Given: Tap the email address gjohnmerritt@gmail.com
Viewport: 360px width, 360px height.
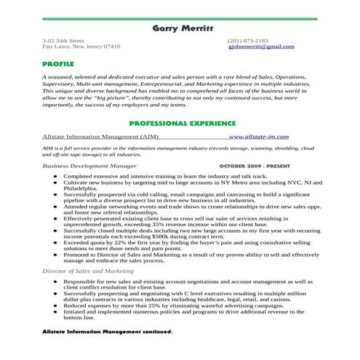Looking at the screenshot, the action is (261, 47).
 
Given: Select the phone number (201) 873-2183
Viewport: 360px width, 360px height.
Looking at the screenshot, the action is (247, 40).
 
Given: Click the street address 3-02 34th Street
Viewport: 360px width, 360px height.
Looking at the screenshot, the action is (63, 40).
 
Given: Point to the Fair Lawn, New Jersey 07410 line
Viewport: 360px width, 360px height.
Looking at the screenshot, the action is (81, 47).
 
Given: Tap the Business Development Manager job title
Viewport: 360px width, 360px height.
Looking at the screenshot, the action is (89, 167).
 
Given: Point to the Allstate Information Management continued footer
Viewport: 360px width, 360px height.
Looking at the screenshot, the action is (107, 331).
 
